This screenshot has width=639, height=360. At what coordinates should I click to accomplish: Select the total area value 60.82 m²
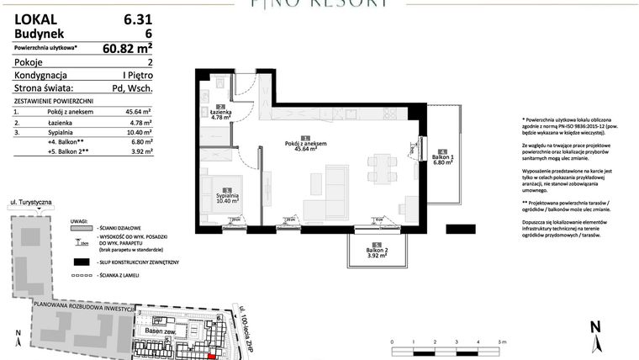click(132, 48)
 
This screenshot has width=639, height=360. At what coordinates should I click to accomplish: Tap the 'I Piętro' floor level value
click(135, 75)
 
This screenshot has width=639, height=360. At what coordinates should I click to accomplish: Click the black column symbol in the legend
click(82, 262)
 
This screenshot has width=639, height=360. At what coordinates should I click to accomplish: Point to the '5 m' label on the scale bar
click(502, 342)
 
